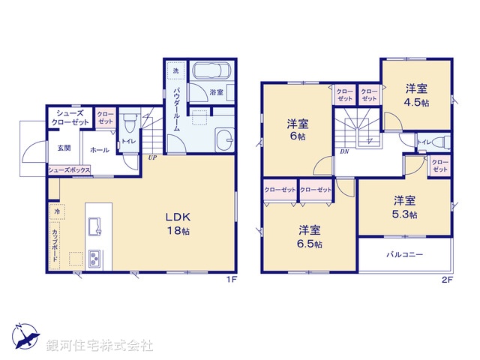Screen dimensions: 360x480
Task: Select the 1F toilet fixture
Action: tap(128, 121)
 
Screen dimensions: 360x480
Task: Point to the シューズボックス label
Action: tap(70, 170)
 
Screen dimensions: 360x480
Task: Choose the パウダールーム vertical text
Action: tap(176, 109)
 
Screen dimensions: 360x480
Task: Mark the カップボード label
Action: tap(56, 244)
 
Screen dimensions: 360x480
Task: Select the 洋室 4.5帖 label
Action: tap(416, 93)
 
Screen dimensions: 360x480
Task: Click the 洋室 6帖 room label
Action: tap(297, 130)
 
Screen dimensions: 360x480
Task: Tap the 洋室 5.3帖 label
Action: tap(406, 206)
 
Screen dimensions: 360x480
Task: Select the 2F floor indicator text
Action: tap(448, 280)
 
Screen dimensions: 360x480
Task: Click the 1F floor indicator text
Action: tap(232, 280)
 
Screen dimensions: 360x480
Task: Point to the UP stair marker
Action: tap(152, 159)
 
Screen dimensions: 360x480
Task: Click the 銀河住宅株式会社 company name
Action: tap(99, 346)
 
